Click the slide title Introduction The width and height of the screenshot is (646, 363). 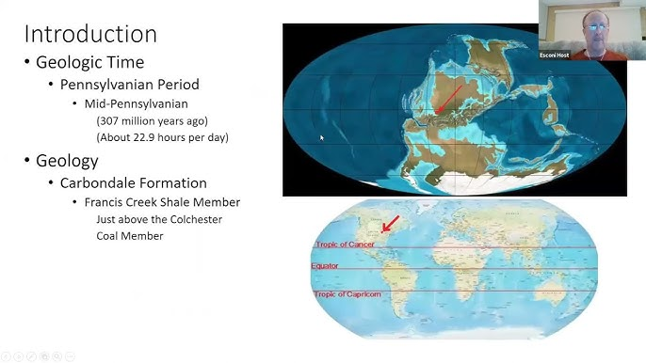(89, 34)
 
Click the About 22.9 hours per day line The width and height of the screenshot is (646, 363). (162, 138)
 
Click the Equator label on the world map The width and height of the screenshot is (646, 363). (325, 266)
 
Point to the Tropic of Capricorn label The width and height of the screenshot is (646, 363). (342, 294)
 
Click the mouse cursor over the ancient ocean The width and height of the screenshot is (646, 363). (321, 137)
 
